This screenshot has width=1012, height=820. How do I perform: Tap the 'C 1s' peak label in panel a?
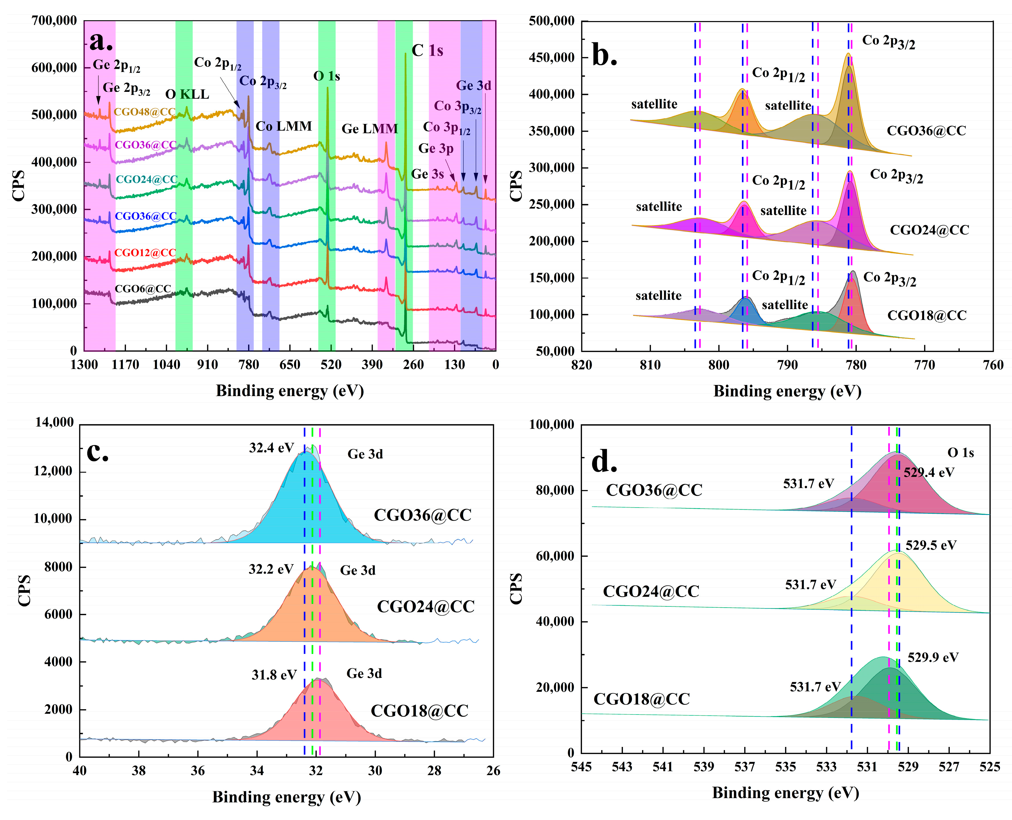tap(427, 51)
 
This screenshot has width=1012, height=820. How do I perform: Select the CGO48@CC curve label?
tap(144, 112)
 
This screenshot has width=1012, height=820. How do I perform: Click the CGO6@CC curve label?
tap(143, 289)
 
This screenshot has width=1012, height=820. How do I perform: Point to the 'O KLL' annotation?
tap(187, 94)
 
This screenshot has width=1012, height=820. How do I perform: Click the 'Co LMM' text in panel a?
tap(283, 126)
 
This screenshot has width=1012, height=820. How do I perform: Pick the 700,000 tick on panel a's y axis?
tap(54, 21)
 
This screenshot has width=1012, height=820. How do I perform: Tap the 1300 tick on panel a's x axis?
tap(84, 365)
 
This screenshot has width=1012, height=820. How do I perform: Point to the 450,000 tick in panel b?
tap(551, 58)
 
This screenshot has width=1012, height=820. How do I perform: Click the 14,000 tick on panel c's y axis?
tap(54, 422)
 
